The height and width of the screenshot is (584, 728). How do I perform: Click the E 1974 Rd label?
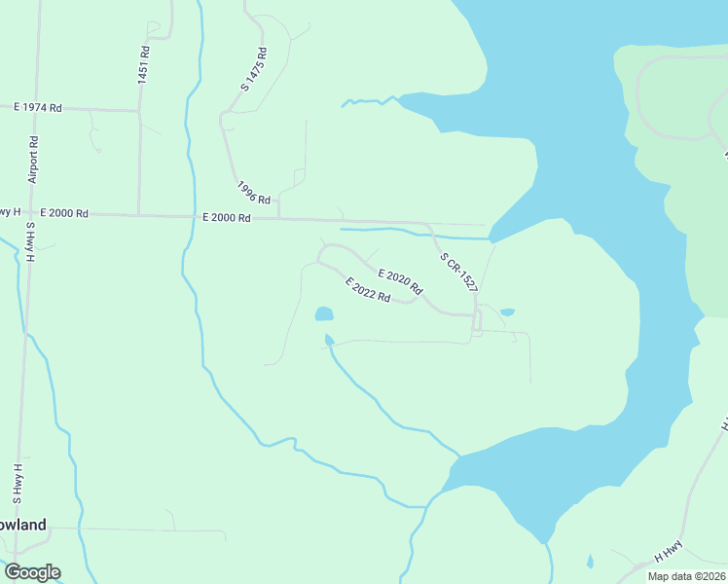[37, 108]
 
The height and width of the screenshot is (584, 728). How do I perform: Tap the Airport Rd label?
[33, 159]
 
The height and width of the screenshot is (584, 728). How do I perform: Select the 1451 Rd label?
[143, 65]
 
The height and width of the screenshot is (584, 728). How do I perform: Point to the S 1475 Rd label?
[253, 69]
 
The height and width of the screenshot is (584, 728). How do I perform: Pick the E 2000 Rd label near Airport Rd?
[63, 212]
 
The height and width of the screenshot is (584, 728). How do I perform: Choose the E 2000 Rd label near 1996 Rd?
[226, 218]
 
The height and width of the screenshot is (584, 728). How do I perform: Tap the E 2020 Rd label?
[399, 281]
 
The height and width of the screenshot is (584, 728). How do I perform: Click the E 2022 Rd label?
[368, 289]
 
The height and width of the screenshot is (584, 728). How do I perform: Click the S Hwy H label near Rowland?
[18, 481]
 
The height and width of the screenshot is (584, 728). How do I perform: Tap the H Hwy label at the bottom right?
[668, 551]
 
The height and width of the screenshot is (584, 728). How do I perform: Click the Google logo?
[32, 572]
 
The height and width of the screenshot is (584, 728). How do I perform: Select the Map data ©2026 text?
[685, 576]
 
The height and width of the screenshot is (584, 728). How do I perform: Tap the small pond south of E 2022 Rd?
[324, 314]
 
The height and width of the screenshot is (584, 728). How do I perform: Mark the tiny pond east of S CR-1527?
[507, 311]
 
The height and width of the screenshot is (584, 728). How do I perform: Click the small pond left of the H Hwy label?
[590, 562]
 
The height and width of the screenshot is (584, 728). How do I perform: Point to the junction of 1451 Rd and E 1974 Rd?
[139, 110]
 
